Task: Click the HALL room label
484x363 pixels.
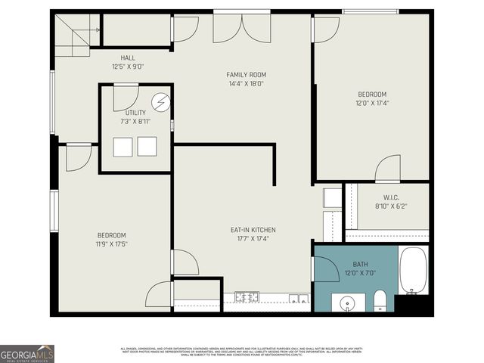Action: tap(128, 57)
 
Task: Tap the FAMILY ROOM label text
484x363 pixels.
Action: tap(247, 75)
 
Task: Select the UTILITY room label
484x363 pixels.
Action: tap(136, 113)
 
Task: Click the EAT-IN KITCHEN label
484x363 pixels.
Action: tap(253, 230)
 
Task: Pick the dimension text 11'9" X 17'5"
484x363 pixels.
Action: tap(111, 244)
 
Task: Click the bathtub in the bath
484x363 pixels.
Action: tap(413, 271)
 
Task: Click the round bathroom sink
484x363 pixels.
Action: tap(347, 303)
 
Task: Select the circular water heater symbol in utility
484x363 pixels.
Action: tap(161, 102)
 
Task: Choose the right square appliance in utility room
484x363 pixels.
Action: tap(147, 147)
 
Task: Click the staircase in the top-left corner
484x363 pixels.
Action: tap(75, 33)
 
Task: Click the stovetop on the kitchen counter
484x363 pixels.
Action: tap(247, 297)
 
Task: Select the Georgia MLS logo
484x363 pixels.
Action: tap(27, 354)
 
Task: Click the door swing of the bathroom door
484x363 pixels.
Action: tap(325, 268)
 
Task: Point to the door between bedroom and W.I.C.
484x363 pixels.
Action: tap(388, 169)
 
